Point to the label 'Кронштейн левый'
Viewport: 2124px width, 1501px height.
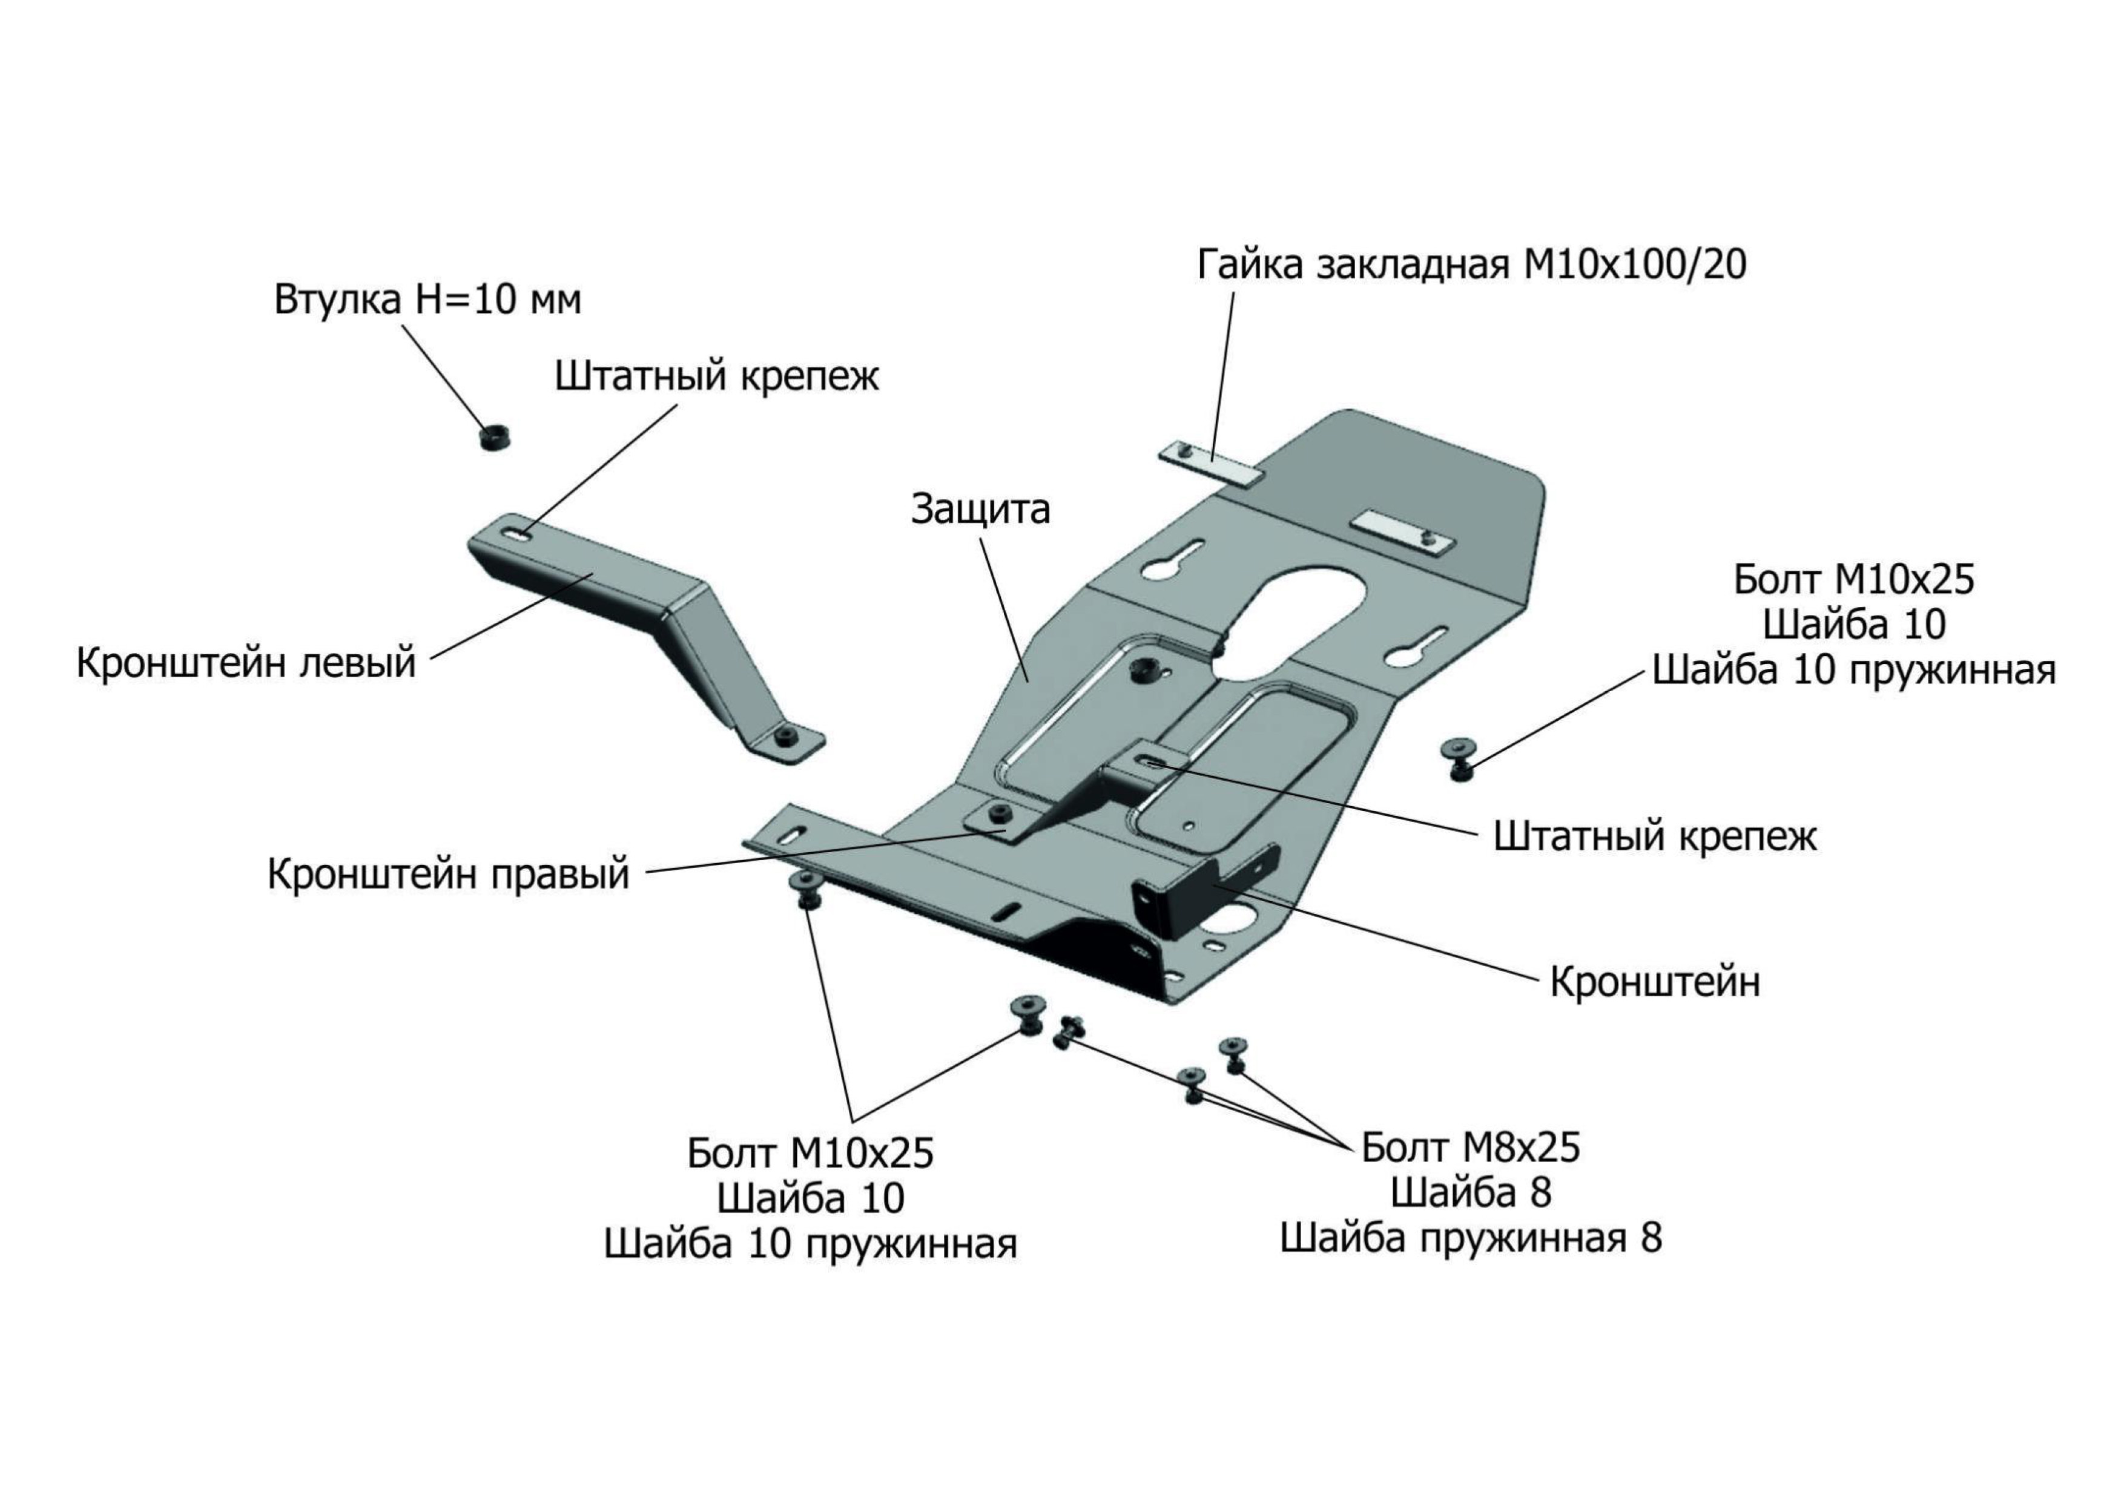point(246,664)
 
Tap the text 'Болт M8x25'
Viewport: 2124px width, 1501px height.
point(1471,1148)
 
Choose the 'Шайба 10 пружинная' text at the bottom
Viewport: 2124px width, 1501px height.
point(810,1244)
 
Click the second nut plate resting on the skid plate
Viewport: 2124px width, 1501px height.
point(1402,534)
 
